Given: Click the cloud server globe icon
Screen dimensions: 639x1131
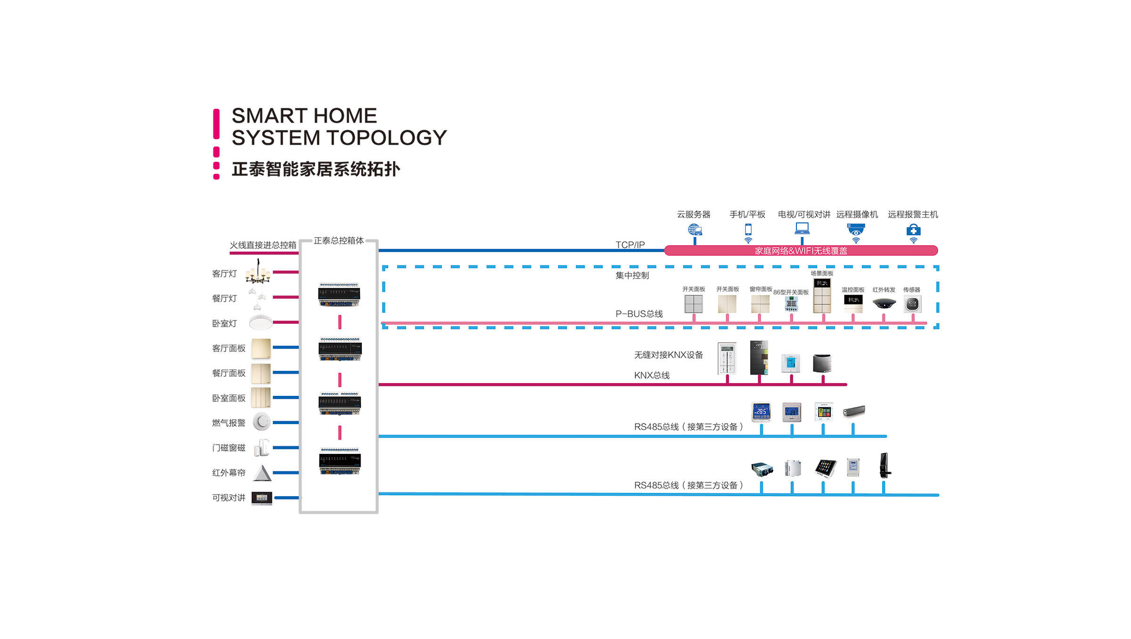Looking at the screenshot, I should click(695, 229).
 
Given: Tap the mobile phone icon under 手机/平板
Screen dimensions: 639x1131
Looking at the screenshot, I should click(748, 230).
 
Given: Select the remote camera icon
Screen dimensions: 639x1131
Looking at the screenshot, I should click(856, 229).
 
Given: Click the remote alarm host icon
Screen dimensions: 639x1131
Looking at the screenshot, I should click(913, 230).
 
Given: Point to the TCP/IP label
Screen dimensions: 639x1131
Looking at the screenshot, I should click(630, 245).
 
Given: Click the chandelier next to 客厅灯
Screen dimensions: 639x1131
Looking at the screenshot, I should click(258, 272).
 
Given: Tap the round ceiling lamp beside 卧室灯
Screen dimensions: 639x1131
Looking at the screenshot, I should click(261, 323).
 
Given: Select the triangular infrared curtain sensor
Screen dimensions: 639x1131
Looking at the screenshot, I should click(262, 473).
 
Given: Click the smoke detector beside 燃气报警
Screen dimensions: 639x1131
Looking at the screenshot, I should click(262, 421).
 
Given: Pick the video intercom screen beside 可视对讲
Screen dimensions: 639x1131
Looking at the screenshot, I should click(262, 498).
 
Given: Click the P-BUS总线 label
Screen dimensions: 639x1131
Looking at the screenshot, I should click(639, 314).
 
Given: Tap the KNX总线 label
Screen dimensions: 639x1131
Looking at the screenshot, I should click(652, 375).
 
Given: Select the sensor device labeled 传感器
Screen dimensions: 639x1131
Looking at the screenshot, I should click(912, 304).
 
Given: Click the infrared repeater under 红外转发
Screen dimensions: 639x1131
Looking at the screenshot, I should click(884, 303).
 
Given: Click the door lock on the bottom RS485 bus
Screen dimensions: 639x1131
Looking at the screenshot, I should click(885, 465).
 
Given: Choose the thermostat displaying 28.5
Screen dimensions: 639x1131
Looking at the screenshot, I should click(761, 411).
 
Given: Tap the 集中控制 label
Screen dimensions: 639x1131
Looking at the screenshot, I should click(632, 275).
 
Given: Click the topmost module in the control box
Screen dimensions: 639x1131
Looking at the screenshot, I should click(339, 295).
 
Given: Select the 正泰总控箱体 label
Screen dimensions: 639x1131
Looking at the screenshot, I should click(338, 241).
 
